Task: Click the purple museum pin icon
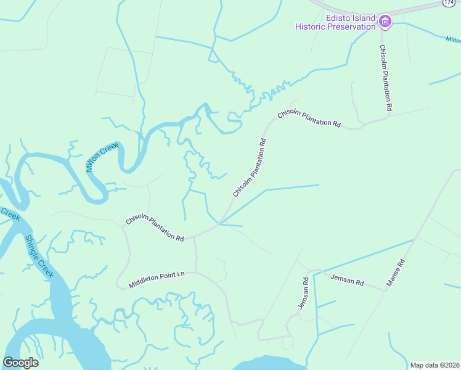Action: coord(386,22)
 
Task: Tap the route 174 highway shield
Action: coord(449,3)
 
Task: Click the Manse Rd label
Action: coord(395,273)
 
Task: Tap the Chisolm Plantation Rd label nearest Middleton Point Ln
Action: coord(155,229)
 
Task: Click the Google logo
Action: coord(20,363)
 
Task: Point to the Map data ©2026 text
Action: coord(434,365)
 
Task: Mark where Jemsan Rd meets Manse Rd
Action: coord(385,290)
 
